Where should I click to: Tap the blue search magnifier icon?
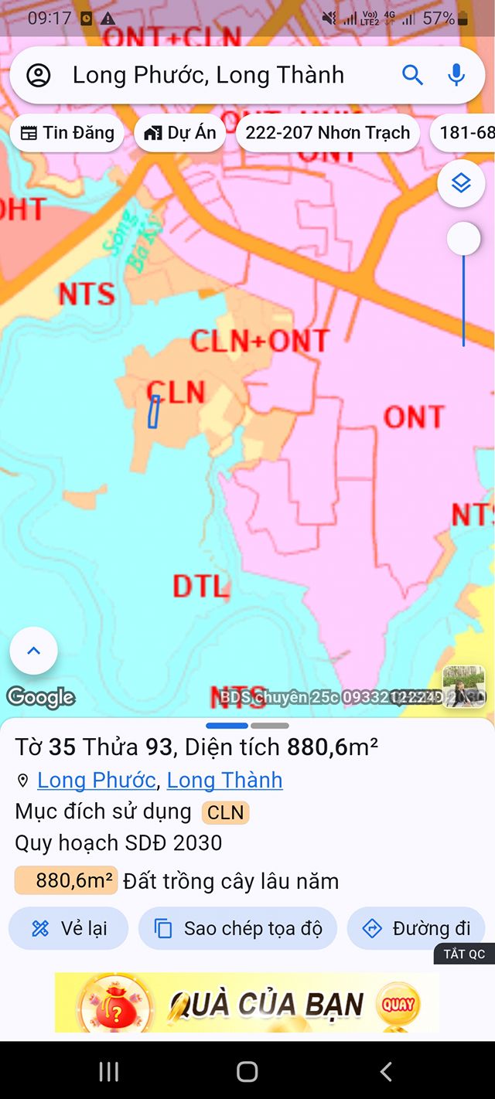(412, 75)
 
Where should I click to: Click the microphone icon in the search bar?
(456, 75)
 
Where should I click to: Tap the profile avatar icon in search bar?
(39, 75)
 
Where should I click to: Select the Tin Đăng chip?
(67, 133)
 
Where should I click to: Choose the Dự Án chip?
(180, 133)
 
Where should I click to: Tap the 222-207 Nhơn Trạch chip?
(327, 133)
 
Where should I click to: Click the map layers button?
(461, 183)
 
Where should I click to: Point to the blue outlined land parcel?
(154, 411)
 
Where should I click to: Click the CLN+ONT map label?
(259, 341)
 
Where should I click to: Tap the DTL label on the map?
(200, 587)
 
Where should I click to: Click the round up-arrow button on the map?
(33, 651)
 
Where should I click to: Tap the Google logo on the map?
(41, 697)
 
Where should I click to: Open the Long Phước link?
(97, 781)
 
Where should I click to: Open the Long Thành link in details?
(224, 781)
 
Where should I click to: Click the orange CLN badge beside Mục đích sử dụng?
(225, 812)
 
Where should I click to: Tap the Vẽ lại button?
(68, 928)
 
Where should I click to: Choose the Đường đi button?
(416, 928)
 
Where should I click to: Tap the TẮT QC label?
(464, 954)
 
